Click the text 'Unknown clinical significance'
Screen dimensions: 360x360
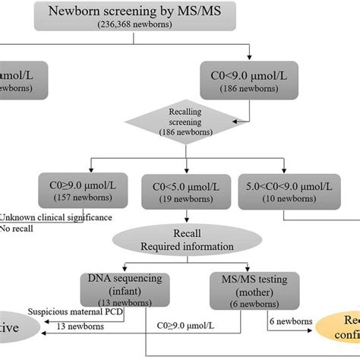(x=56, y=217)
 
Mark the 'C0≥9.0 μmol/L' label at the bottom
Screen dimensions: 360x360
(x=199, y=325)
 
